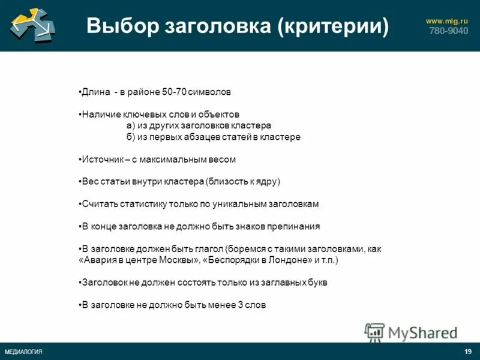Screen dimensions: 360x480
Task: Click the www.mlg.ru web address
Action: [x=446, y=21]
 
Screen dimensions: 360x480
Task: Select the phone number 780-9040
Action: [x=448, y=31]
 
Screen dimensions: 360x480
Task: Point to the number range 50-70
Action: [x=174, y=92]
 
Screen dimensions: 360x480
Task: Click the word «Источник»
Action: [x=103, y=160]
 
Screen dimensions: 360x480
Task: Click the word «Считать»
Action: [x=100, y=204]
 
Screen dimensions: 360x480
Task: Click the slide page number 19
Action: [x=468, y=352]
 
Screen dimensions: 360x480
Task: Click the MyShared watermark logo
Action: [x=411, y=332]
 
